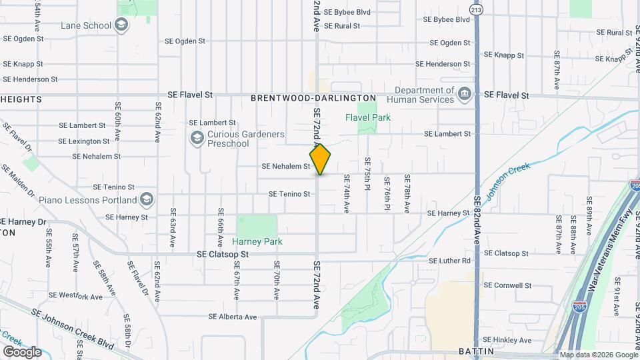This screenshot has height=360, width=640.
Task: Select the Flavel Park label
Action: coord(367,117)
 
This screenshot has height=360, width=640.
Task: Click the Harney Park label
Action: coord(257,241)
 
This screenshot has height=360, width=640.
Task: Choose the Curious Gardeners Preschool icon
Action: coord(197,138)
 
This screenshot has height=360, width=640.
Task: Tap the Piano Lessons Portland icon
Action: coord(147,199)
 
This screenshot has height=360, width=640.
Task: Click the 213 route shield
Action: coord(475,9)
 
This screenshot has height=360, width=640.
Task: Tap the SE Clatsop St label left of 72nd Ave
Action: coord(223,255)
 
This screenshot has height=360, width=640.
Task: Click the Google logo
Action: coord(22,351)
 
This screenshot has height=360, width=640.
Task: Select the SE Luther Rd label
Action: coord(449,261)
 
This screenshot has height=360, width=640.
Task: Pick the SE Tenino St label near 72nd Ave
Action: coord(289,194)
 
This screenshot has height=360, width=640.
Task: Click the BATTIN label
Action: coord(475,351)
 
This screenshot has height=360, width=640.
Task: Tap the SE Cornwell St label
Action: coord(507,285)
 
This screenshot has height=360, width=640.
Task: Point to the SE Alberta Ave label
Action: coord(233,317)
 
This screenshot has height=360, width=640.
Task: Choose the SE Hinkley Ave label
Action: coord(508,340)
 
